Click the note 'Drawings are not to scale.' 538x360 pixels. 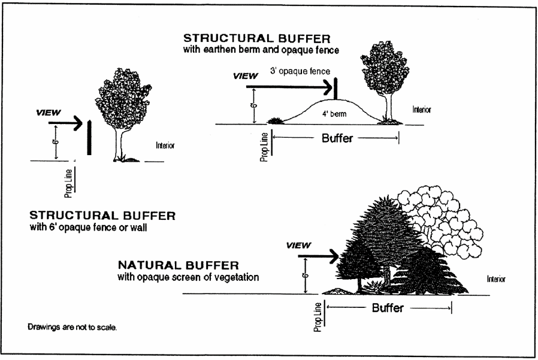click(x=76, y=327)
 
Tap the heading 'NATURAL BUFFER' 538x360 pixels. click(x=179, y=265)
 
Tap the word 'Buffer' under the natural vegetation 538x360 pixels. click(x=388, y=308)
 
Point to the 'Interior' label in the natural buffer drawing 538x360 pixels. click(x=495, y=279)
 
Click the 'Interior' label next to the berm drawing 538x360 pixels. click(x=422, y=110)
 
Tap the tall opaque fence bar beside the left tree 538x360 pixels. click(x=89, y=137)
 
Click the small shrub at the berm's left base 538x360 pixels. click(x=276, y=121)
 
